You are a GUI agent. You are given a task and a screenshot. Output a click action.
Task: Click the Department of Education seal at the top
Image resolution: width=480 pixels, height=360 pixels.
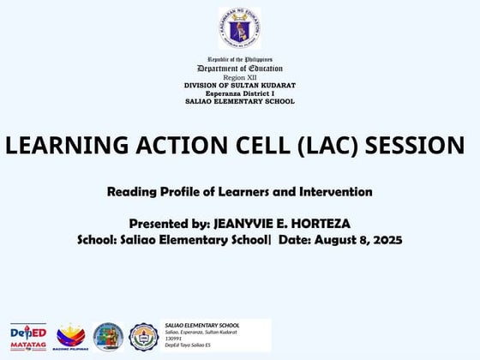point(239,28)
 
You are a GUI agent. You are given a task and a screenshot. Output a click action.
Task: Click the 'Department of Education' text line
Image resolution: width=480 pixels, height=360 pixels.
point(240,69)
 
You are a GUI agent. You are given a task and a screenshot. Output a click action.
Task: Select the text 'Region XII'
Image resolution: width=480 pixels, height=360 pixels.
point(240,77)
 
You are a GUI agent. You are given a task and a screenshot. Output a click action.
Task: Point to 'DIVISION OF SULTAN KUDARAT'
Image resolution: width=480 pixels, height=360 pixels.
point(240,85)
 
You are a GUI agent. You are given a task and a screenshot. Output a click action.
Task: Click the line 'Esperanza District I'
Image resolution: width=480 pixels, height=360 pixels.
point(240,93)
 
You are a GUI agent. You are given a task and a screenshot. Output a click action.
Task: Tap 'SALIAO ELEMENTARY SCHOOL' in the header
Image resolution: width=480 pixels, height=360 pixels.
point(240,101)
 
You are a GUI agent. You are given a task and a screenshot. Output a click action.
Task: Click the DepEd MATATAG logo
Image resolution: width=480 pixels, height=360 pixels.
point(28,336)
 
